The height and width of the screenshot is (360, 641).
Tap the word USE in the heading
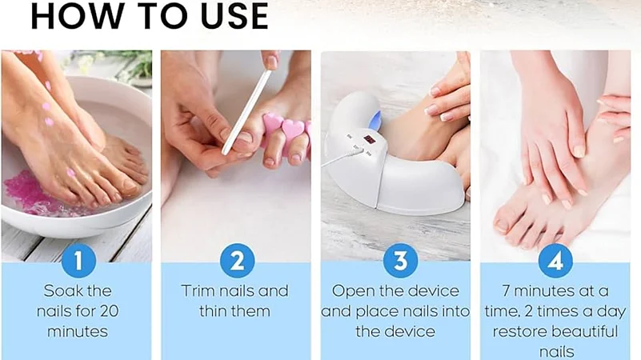point(234,15)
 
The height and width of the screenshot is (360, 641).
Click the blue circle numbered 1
point(78,260)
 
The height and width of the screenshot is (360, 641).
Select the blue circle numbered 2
point(237,260)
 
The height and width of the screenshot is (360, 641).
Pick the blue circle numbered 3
point(401,260)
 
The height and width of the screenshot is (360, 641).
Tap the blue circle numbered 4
point(555,260)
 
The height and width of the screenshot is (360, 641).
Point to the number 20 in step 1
point(109,311)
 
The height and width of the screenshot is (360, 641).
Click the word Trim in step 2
point(198,291)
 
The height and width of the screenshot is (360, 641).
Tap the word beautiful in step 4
point(588,331)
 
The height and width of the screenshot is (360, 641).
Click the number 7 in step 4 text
point(506,291)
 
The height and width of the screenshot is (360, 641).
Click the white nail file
point(247,112)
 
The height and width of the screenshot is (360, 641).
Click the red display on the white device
point(370,140)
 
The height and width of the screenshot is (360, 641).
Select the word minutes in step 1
point(78,331)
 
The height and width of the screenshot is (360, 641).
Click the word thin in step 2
point(214,311)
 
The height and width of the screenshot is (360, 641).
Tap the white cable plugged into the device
point(343,158)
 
